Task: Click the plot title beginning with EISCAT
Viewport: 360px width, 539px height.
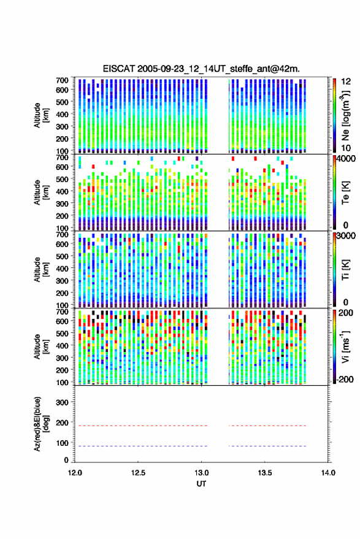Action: pyautogui.click(x=201, y=69)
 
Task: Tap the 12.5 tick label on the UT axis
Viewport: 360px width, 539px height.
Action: pyautogui.click(x=138, y=473)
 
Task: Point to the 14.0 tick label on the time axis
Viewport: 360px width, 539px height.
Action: pyautogui.click(x=328, y=473)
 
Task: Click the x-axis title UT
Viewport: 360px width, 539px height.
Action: pyautogui.click(x=201, y=484)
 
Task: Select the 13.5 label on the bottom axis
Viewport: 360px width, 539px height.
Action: pyautogui.click(x=265, y=473)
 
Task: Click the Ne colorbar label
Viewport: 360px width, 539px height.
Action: pyautogui.click(x=345, y=115)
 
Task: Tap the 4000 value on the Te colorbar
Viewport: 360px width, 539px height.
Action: pyautogui.click(x=347, y=159)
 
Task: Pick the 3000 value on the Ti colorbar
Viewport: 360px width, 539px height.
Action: pyautogui.click(x=347, y=236)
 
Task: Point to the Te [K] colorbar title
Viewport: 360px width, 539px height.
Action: pyautogui.click(x=345, y=192)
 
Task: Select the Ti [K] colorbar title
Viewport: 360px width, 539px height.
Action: pyautogui.click(x=345, y=269)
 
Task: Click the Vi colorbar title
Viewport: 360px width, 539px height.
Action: pyautogui.click(x=345, y=346)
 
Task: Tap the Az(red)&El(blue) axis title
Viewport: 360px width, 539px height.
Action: pyautogui.click(x=41, y=424)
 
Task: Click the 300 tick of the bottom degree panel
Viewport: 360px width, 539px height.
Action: pyautogui.click(x=62, y=402)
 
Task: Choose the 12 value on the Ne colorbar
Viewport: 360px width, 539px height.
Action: pyautogui.click(x=347, y=82)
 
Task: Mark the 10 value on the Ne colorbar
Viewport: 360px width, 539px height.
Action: pyautogui.click(x=347, y=148)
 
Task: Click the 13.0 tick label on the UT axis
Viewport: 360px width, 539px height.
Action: pyautogui.click(x=202, y=473)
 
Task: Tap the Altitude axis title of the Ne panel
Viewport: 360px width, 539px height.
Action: pyautogui.click(x=41, y=115)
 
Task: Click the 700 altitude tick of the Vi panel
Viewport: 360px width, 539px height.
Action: pyautogui.click(x=62, y=312)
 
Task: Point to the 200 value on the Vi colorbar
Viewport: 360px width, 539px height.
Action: pyautogui.click(x=345, y=313)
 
